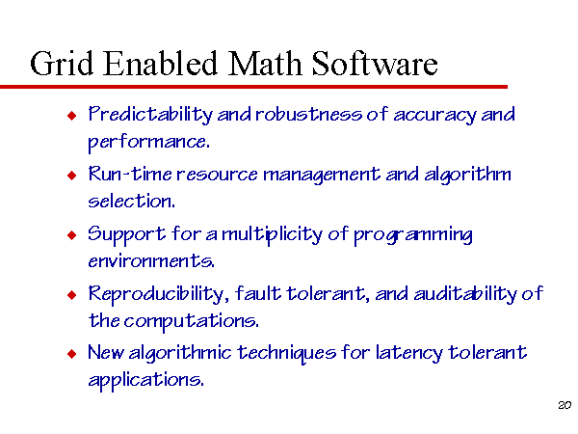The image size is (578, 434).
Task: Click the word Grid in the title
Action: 62,63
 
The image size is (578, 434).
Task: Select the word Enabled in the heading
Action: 160,63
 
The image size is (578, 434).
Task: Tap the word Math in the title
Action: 265,63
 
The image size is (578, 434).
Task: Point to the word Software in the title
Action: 375,63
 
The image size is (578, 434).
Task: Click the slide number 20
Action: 565,405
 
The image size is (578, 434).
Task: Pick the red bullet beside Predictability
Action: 72,116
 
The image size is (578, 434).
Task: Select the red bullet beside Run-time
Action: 72,175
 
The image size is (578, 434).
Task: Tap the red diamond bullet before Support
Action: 72,234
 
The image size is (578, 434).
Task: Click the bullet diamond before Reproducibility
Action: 72,294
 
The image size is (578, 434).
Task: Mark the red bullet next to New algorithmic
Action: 72,354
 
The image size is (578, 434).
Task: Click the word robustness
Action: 308,114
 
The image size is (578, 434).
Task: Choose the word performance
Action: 149,142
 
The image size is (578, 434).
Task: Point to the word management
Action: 321,176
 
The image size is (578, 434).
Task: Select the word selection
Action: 131,201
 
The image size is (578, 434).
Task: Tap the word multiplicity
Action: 272,235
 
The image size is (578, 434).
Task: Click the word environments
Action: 151,261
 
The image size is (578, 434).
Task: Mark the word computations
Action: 191,321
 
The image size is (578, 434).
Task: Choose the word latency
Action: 408,354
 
